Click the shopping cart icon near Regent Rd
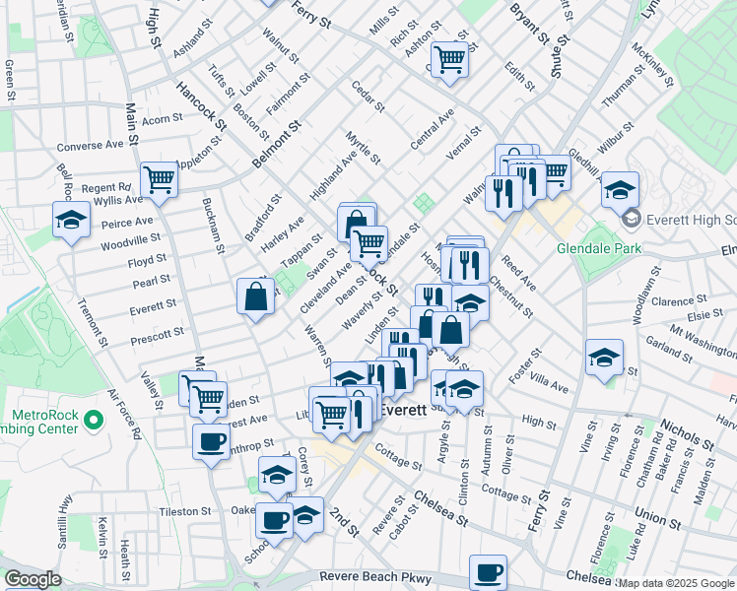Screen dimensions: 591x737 pos(158,179)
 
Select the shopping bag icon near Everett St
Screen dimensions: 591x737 pos(255,295)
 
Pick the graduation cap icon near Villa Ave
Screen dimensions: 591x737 pos(604,357)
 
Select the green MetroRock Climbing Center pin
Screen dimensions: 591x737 pos(95,422)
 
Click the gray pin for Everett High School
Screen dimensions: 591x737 pos(631,218)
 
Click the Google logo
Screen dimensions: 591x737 pos(33,579)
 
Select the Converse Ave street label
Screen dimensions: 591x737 pos(91,145)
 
